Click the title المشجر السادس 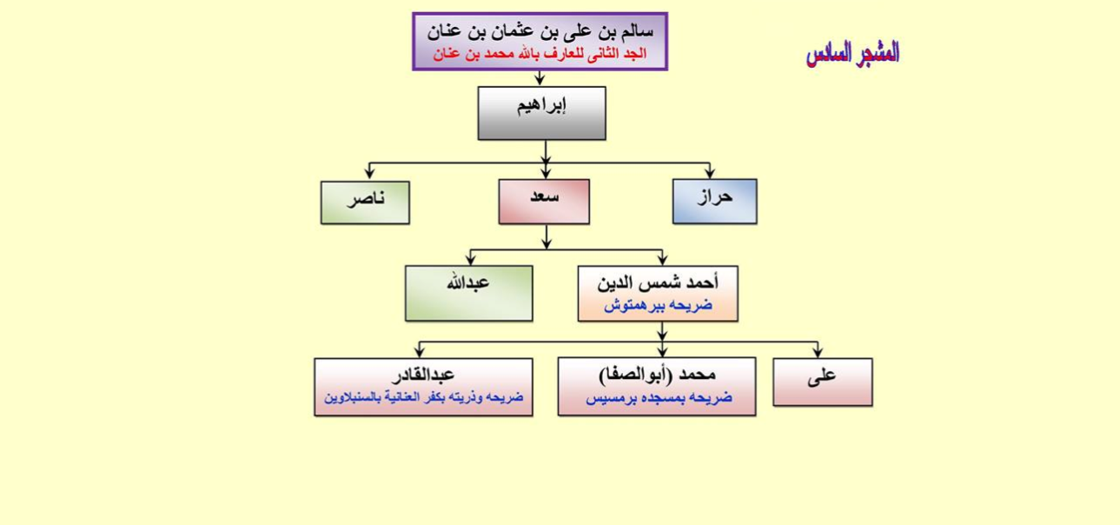tap(852, 53)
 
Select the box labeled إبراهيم tap(542, 114)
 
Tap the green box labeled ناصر tap(365, 203)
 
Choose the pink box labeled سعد tap(544, 202)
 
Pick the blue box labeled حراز tap(714, 202)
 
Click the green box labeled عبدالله tap(469, 294)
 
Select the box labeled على tap(823, 382)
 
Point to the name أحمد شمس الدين tap(658, 283)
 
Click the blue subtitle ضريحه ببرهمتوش tap(658, 305)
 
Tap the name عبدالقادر tap(423, 375)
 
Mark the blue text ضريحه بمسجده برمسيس tap(659, 398)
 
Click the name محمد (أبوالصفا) tap(657, 375)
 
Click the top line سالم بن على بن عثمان tap(540, 32)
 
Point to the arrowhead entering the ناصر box tap(369, 173)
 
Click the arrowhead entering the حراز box tap(710, 172)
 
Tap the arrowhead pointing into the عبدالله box tap(470, 259)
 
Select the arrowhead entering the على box tap(818, 351)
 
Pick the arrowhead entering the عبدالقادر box tap(420, 351)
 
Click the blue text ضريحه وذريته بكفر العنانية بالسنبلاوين tap(423, 397)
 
